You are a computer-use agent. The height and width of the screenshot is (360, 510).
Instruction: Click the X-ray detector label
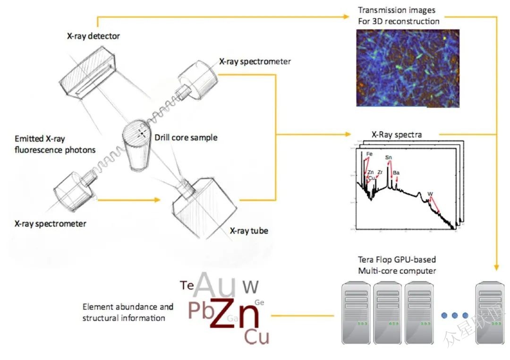93,36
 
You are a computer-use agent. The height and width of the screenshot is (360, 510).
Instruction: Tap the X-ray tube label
249,231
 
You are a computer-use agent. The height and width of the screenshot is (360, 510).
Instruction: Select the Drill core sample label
186,137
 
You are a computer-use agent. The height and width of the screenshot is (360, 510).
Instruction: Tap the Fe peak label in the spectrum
369,154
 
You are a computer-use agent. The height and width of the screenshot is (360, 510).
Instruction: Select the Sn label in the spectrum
388,157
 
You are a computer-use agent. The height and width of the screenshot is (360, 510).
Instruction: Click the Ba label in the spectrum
396,173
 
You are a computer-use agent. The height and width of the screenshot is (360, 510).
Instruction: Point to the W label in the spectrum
430,194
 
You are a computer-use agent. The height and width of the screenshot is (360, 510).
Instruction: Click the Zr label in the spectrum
380,172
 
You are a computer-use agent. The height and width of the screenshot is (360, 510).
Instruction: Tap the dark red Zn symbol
235,313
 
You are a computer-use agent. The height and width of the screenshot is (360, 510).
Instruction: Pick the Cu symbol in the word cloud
256,337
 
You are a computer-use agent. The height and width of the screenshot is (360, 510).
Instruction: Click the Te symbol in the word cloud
187,285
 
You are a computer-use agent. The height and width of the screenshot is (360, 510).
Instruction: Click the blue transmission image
407,68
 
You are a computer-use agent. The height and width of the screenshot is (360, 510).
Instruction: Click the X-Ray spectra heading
397,135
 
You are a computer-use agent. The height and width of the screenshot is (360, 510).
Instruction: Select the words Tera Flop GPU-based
396,259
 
